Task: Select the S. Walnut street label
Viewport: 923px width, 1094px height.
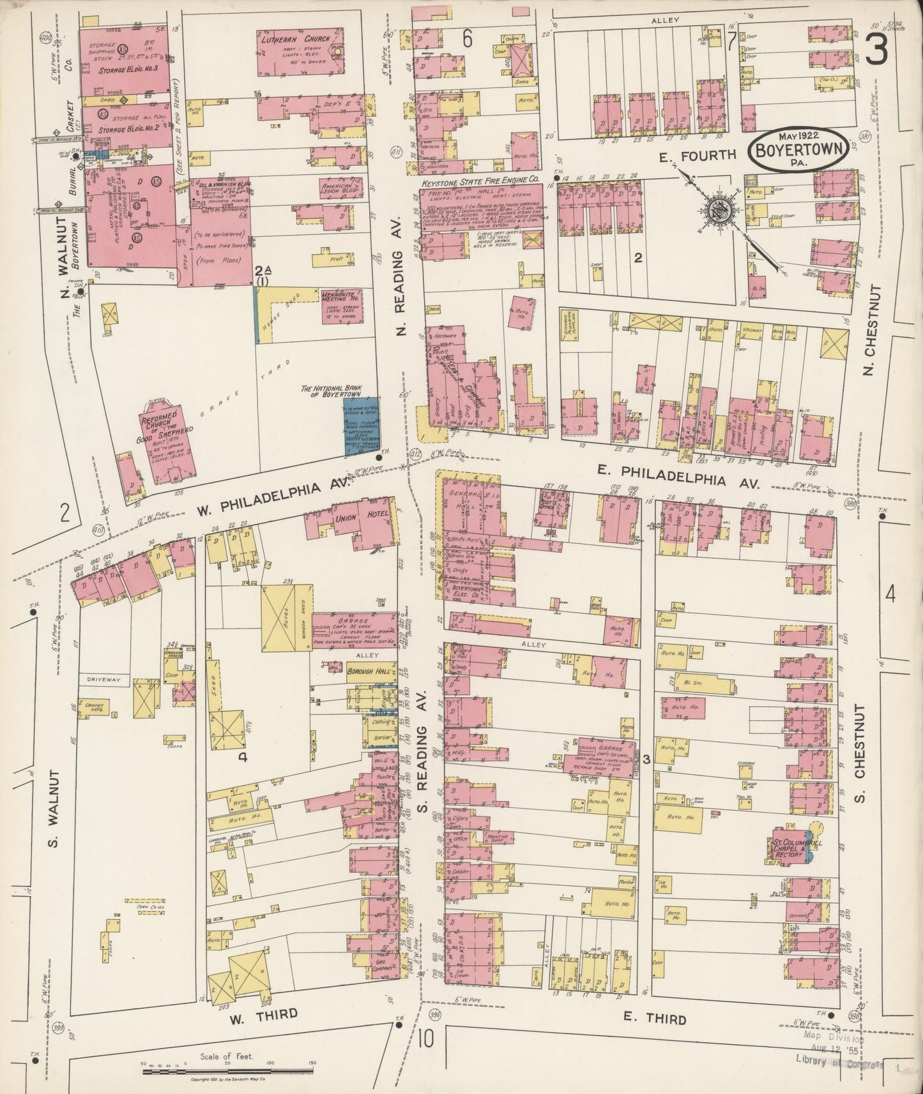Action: click(x=54, y=809)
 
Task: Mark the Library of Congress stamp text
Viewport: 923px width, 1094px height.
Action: click(x=839, y=1065)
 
